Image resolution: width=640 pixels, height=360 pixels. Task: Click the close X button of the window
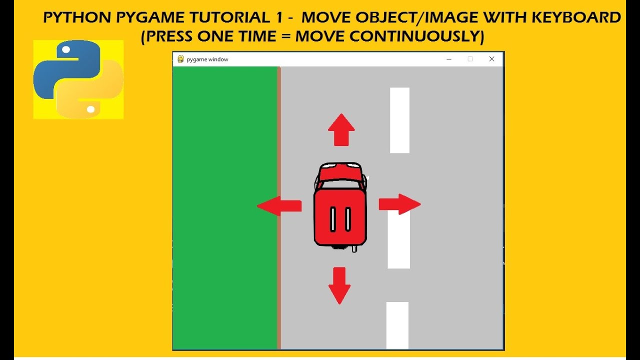(491, 59)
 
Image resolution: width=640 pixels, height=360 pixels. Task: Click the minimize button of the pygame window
(449, 59)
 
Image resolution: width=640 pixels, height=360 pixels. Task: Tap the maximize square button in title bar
(470, 59)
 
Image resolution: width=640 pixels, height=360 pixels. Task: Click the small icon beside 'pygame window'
(180, 59)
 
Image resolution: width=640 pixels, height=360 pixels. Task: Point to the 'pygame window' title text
(207, 59)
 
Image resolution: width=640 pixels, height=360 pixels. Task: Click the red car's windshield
(340, 174)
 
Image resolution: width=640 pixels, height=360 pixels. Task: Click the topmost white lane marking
(399, 120)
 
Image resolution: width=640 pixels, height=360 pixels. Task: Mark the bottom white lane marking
(397, 325)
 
